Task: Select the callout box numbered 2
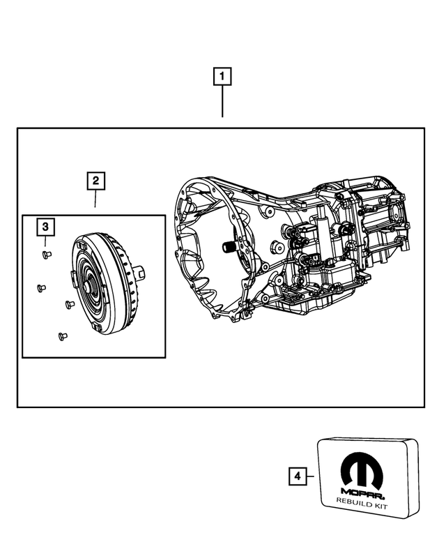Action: click(95, 181)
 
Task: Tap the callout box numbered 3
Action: click(45, 227)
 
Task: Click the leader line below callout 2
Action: click(95, 200)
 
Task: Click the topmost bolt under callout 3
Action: click(46, 254)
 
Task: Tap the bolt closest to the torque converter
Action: click(69, 303)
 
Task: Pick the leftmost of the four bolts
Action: click(40, 287)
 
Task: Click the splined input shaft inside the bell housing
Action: click(228, 246)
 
